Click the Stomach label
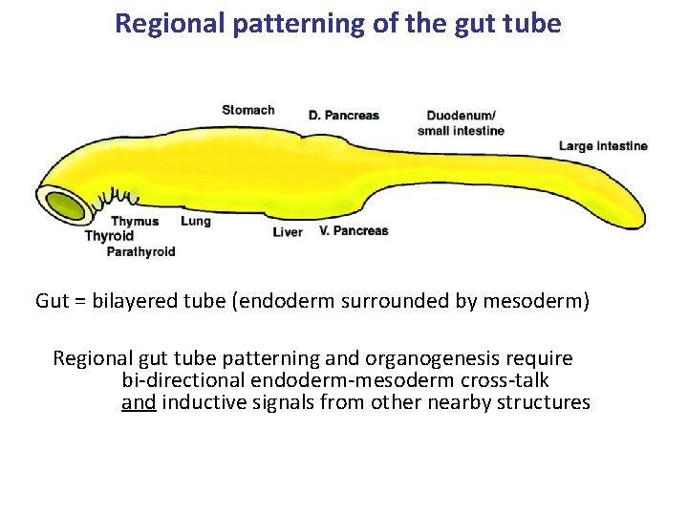[248, 110]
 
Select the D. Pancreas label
[344, 116]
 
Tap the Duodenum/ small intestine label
[461, 123]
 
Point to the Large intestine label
[603, 146]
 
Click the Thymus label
[135, 222]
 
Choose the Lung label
[196, 221]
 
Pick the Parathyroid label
[140, 252]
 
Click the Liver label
[288, 231]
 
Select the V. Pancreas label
[354, 230]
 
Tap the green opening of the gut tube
[65, 205]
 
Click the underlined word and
[139, 402]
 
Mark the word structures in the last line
[542, 402]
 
